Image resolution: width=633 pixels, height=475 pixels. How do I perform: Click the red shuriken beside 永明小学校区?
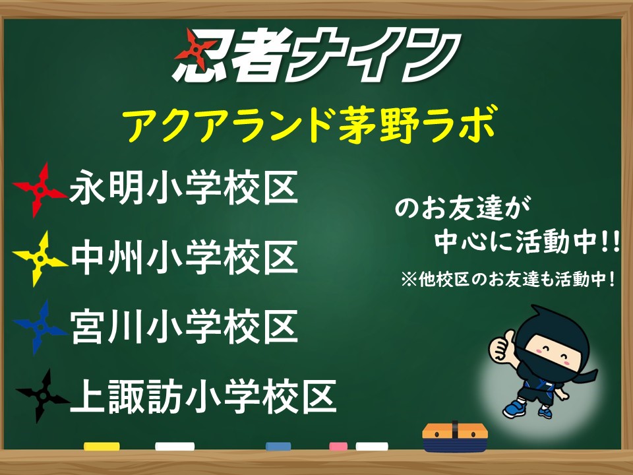point(40,190)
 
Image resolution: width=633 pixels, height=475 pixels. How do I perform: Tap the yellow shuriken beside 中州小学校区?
point(40,259)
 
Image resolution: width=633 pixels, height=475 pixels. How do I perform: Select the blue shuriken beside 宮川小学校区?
point(40,327)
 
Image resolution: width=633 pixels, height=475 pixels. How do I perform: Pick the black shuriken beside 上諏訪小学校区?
point(42,396)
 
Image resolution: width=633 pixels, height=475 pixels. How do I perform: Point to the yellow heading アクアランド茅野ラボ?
point(309,124)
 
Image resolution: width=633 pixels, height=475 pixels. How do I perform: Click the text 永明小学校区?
point(184,188)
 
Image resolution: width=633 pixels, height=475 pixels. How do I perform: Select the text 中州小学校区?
point(185,257)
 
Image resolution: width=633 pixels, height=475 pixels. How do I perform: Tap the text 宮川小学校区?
point(184,327)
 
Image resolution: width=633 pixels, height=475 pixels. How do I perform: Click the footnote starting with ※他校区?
point(508,279)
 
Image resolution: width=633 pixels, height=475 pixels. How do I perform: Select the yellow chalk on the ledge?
point(102,446)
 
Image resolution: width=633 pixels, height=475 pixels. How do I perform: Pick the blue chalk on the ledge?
point(278,446)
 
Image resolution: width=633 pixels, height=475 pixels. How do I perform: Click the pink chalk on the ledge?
point(338,446)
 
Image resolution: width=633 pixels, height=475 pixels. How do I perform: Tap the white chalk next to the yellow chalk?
point(175,446)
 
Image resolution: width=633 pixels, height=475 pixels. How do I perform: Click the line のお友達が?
point(462,208)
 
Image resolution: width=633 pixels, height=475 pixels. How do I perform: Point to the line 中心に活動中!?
point(527,241)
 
